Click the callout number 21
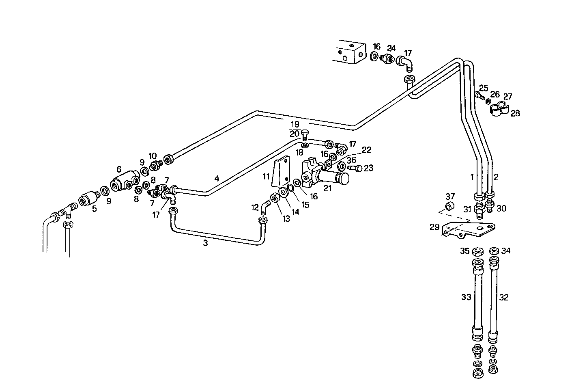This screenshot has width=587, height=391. pos(327,188)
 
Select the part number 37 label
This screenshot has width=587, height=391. pos(450,197)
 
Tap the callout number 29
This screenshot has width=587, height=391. pos(434,227)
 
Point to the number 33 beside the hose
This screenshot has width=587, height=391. pos(466,297)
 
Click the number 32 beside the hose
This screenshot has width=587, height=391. pos(504,297)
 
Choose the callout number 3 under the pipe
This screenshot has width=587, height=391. pos(205,243)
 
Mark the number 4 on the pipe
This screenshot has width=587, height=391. pos(217,178)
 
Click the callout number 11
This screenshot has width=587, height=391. pos(266,177)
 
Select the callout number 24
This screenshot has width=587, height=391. pos(391,47)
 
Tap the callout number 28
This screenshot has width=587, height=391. pos(515,113)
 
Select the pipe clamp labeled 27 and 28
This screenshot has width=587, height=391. pos(498,109)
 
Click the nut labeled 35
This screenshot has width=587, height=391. pos(477,251)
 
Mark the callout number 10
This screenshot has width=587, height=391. pos(153,156)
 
